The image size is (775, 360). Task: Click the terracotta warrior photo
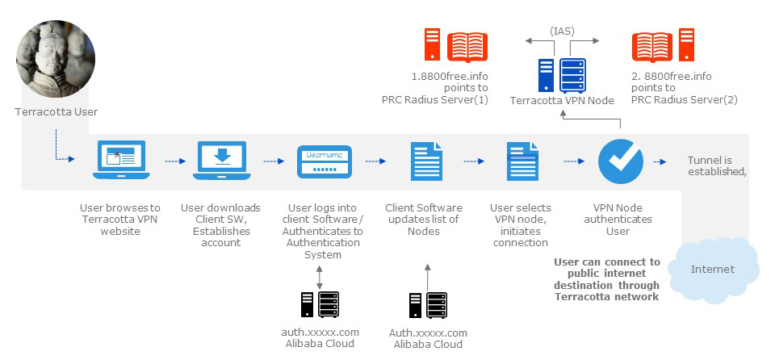55,61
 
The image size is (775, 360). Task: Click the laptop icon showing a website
121,161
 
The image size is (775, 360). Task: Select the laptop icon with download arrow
222,161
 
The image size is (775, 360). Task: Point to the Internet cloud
713,268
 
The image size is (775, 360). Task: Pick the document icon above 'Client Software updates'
426,161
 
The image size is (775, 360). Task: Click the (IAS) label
562,31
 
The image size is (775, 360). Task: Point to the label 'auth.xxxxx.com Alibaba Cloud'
320,337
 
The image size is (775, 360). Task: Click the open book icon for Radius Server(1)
467,46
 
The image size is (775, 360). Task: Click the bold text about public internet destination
607,279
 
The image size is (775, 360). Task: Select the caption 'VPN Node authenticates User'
620,219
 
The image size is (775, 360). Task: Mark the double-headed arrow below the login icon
320,274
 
